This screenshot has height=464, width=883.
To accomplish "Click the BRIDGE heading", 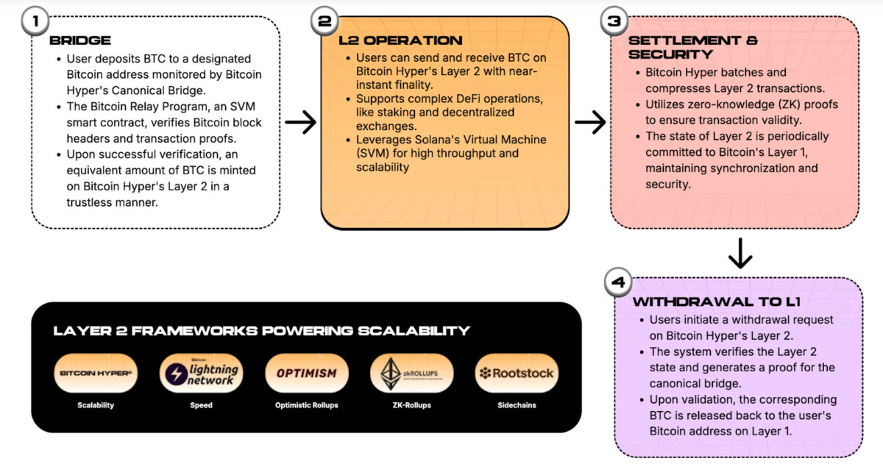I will (x=80, y=41).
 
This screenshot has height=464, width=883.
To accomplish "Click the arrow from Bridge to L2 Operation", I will (x=300, y=124).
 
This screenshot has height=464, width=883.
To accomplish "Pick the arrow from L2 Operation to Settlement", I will (x=590, y=124).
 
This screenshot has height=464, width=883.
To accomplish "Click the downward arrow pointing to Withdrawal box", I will (x=740, y=254).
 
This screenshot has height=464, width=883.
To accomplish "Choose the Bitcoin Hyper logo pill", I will (x=96, y=374).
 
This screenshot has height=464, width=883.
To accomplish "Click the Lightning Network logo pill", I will (x=201, y=374).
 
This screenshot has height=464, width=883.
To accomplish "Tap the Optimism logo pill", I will (x=306, y=374).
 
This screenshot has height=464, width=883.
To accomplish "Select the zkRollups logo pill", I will (x=411, y=374).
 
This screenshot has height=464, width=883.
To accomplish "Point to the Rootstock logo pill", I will (x=517, y=374).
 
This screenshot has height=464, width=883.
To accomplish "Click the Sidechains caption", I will (x=517, y=405).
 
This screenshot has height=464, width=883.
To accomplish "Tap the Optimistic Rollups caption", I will (x=306, y=405).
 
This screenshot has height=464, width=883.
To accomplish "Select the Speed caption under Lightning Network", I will (x=201, y=405).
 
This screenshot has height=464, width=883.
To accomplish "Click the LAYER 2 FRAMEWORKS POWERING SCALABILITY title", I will (x=261, y=331).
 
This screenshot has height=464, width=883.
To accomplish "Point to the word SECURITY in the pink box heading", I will (x=670, y=54).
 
